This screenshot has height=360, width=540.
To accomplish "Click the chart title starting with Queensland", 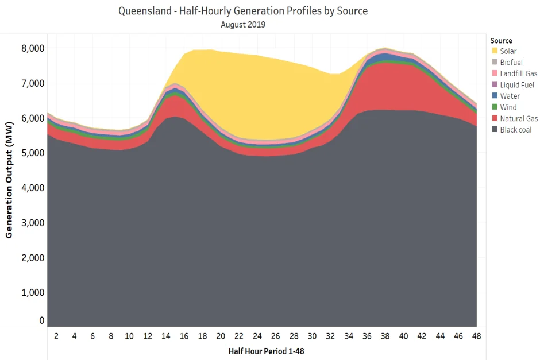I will click(x=242, y=11).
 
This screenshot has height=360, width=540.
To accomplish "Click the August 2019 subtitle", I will click(x=242, y=25).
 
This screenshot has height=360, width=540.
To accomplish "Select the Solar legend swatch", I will click(x=494, y=51).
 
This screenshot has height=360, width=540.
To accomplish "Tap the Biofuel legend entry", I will click(x=511, y=62).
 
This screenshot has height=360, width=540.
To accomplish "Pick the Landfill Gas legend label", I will click(x=518, y=73).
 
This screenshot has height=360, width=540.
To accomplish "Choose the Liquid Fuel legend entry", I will click(x=516, y=85).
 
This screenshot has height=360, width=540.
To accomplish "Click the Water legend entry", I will click(x=510, y=96).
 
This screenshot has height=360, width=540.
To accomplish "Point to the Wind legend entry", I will click(x=508, y=107).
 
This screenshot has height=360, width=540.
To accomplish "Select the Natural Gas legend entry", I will click(x=518, y=119).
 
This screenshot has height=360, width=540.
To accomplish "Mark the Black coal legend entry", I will click(x=515, y=130).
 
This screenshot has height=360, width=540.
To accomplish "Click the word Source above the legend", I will click(x=502, y=41).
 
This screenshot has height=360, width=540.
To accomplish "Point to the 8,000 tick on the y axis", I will click(x=33, y=48).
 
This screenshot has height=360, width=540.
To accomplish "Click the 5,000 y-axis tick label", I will click(x=33, y=153).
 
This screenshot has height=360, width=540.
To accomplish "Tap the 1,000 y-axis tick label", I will click(x=33, y=293).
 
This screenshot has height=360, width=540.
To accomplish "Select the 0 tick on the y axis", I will click(x=41, y=320).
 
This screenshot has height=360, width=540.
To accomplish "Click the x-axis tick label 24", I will click(x=257, y=336).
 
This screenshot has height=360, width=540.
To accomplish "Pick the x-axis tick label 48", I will click(x=476, y=336).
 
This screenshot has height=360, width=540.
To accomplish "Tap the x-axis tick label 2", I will click(x=56, y=336).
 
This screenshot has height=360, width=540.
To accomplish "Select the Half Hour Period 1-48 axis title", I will click(x=262, y=351).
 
